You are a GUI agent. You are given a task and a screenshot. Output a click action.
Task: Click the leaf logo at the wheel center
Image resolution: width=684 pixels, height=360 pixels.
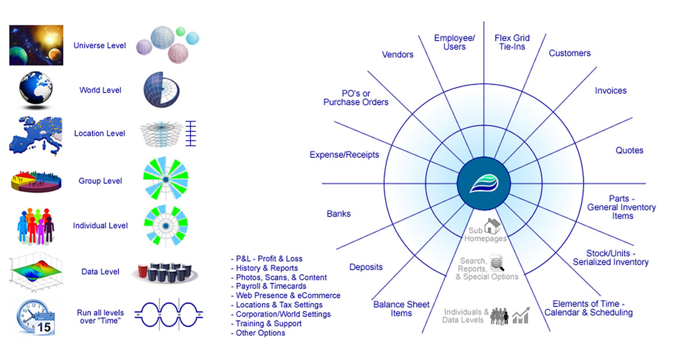pos(482,184)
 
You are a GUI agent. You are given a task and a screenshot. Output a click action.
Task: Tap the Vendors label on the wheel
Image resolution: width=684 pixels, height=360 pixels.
pos(398,55)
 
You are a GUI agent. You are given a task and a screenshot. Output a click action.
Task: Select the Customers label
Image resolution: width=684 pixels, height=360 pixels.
pos(569,53)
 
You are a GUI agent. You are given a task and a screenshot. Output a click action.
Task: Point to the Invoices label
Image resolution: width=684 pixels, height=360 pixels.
pos(610,90)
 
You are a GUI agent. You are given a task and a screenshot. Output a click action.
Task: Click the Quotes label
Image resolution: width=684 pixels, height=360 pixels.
pos(629,150)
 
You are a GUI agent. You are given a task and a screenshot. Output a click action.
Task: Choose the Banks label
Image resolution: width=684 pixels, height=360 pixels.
pos(339,214)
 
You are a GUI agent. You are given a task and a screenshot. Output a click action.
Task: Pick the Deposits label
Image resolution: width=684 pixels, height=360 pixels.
pos(366,267)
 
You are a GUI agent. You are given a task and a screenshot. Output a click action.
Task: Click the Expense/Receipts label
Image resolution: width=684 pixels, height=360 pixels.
pos(344,155)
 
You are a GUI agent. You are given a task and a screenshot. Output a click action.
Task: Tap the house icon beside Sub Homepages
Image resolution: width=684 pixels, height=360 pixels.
pos(492,226)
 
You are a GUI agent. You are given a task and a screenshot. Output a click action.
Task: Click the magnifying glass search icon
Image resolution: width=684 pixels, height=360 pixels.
pos(496,263)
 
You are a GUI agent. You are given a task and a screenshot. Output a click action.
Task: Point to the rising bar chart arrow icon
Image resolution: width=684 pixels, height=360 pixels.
pos(521,314)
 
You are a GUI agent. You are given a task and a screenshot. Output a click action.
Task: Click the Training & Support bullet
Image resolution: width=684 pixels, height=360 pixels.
pos(269,324)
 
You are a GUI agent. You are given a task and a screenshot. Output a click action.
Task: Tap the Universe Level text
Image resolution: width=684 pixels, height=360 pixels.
pos(100,46)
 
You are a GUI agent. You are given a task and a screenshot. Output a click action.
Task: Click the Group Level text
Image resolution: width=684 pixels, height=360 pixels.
pos(100,181)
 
